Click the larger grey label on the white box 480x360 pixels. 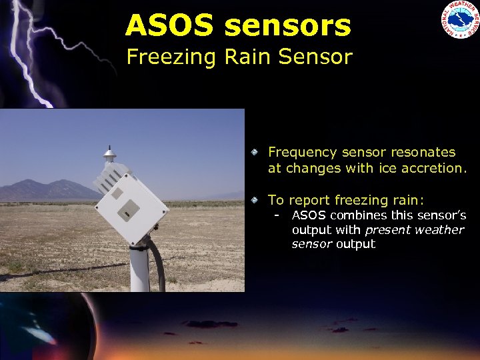point(127,209)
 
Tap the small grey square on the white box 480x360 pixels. point(117,194)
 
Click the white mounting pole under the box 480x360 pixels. point(139,267)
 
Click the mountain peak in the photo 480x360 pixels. point(29,181)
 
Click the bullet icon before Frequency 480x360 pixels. point(255,153)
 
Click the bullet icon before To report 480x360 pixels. point(255,199)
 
